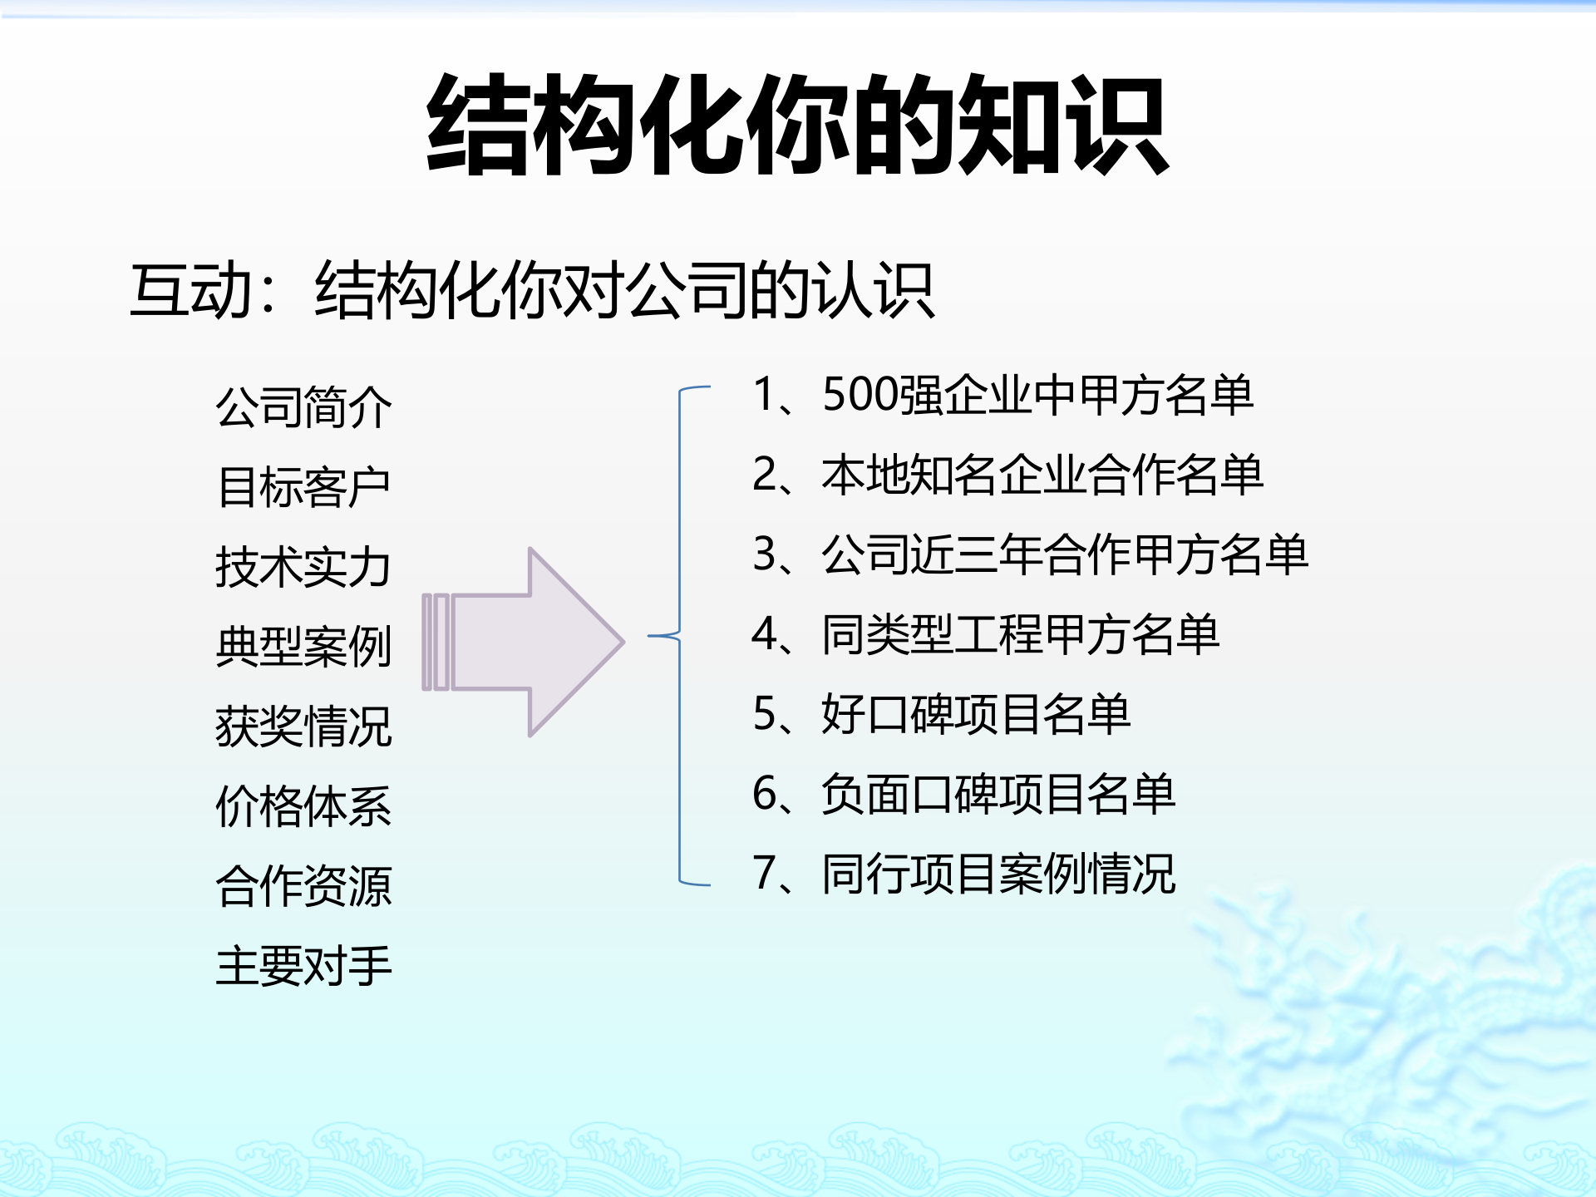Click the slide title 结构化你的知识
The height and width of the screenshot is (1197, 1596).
click(798, 125)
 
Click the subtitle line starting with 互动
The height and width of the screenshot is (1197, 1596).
click(532, 291)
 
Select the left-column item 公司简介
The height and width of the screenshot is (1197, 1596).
click(303, 407)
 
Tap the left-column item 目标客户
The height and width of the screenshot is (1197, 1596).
click(303, 487)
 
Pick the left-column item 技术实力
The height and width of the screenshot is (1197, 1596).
click(303, 567)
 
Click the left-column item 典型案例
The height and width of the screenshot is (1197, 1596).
click(303, 647)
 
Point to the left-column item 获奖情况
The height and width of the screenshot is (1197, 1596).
click(303, 727)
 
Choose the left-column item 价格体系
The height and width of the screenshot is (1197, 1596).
click(303, 806)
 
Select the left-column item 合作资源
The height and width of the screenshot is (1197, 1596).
click(303, 886)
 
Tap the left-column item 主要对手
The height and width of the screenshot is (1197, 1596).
click(303, 966)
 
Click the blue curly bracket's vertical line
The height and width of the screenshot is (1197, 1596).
click(680, 748)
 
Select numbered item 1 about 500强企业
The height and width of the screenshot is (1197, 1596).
click(1002, 394)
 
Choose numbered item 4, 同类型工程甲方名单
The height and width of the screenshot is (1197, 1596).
click(986, 634)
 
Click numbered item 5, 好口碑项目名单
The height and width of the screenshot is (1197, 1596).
click(941, 714)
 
